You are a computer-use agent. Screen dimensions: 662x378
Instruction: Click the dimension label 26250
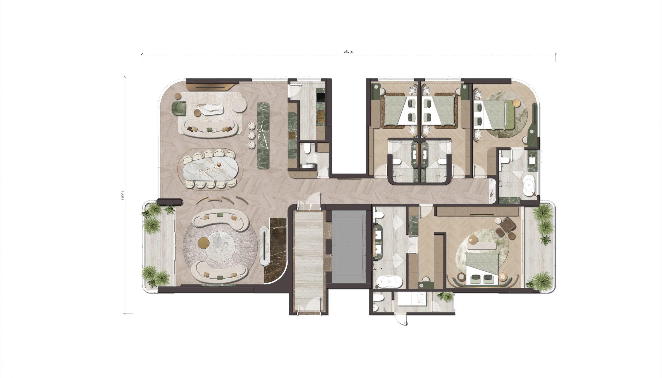pos(348,52)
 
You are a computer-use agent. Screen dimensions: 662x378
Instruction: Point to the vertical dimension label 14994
pos(123,195)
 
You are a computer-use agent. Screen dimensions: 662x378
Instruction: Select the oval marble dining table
pos(210,169)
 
